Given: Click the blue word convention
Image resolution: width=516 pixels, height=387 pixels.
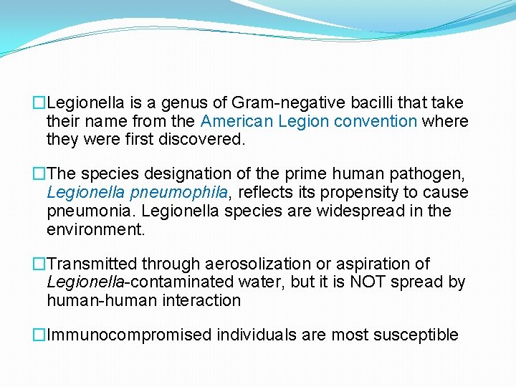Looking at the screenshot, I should [x=377, y=121].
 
